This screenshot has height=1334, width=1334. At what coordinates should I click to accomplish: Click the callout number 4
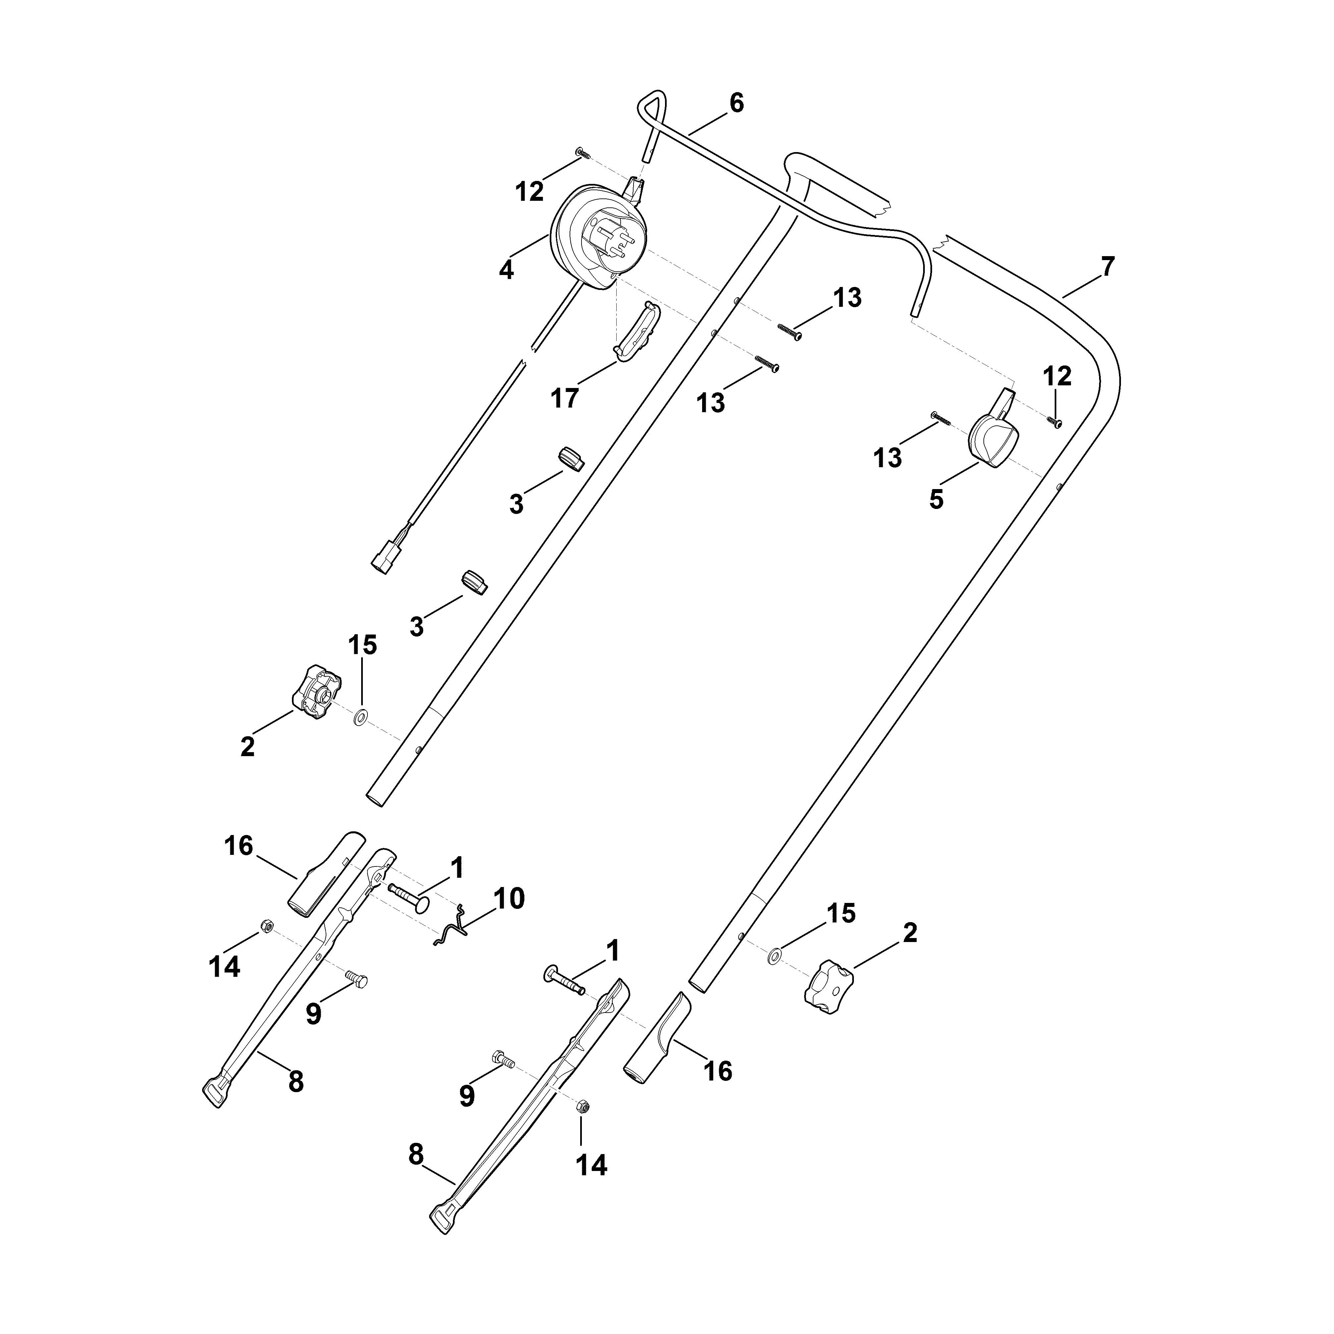(x=506, y=269)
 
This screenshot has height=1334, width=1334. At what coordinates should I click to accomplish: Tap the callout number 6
(x=737, y=104)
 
